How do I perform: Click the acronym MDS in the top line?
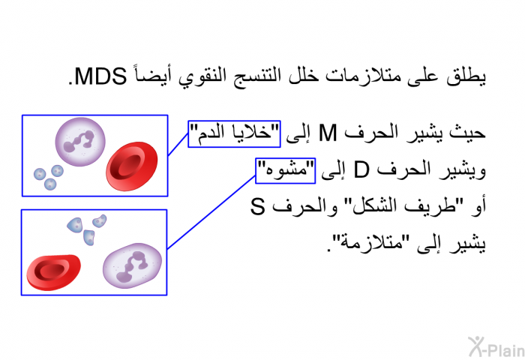(x=100, y=76)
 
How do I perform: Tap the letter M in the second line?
(x=328, y=133)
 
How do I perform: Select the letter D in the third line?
(x=361, y=170)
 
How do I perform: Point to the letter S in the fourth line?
(x=257, y=206)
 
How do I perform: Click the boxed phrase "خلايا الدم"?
(x=234, y=134)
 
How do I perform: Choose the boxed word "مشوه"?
(x=285, y=171)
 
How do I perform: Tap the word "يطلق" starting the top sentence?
(x=466, y=77)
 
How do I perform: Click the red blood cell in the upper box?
(x=131, y=166)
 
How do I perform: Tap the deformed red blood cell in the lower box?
(x=53, y=272)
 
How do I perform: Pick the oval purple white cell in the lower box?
(x=132, y=265)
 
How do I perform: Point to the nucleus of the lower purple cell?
(x=131, y=267)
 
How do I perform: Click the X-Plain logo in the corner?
(x=496, y=347)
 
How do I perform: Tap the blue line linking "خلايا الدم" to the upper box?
(x=178, y=144)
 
